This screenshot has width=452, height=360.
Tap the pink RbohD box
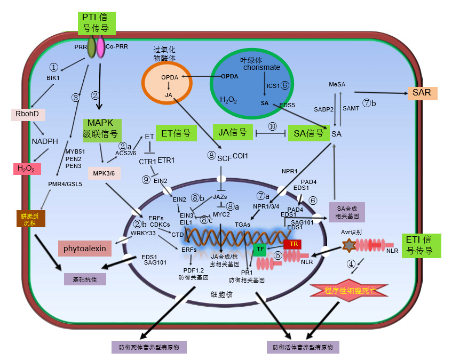27,114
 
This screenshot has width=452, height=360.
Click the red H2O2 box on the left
27,169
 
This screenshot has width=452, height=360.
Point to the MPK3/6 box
104,173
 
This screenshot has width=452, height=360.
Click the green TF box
260,249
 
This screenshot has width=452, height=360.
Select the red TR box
292,244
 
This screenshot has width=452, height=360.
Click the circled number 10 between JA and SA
272,127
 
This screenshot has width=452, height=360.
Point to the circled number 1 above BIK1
53,68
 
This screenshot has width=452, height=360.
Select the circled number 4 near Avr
351,264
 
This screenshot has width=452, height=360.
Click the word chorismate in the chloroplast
261,68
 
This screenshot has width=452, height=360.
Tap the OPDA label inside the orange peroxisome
169,78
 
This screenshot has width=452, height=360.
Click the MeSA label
337,84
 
